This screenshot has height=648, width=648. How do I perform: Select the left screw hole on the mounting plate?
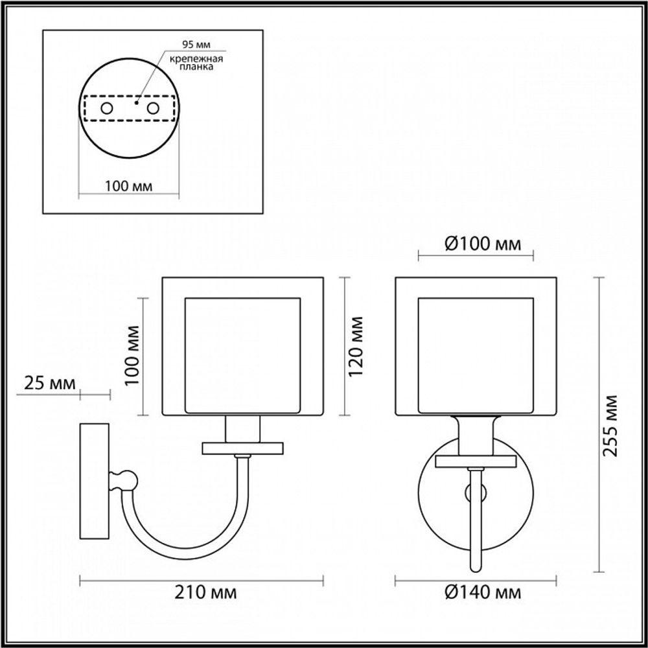pos(108,108)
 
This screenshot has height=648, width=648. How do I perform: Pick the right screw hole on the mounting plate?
pos(153,108)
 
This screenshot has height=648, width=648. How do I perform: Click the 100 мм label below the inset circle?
pos(128,186)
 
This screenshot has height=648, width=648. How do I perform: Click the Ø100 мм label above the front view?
pos(474,245)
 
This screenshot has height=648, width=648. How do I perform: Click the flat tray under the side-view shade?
pos(243,448)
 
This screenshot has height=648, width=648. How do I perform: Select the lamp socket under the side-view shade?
pos(243,428)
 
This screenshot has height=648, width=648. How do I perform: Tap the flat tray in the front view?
pos(476,461)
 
